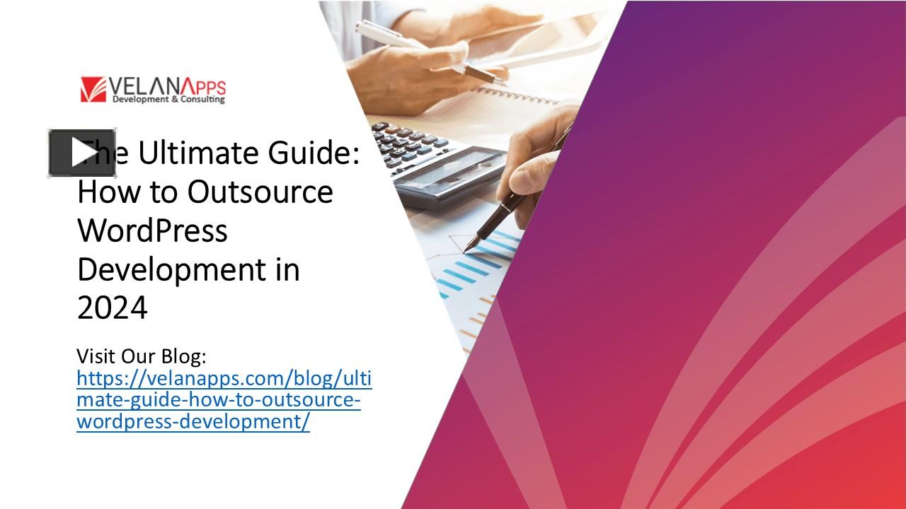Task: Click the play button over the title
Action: pos(81,153)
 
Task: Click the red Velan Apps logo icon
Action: pos(93,89)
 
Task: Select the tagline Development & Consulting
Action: pos(168,100)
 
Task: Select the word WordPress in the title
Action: pos(152,230)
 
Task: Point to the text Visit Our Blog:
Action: pos(141,355)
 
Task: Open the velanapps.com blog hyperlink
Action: pos(223,399)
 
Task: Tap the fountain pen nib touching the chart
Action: pos(469,247)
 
